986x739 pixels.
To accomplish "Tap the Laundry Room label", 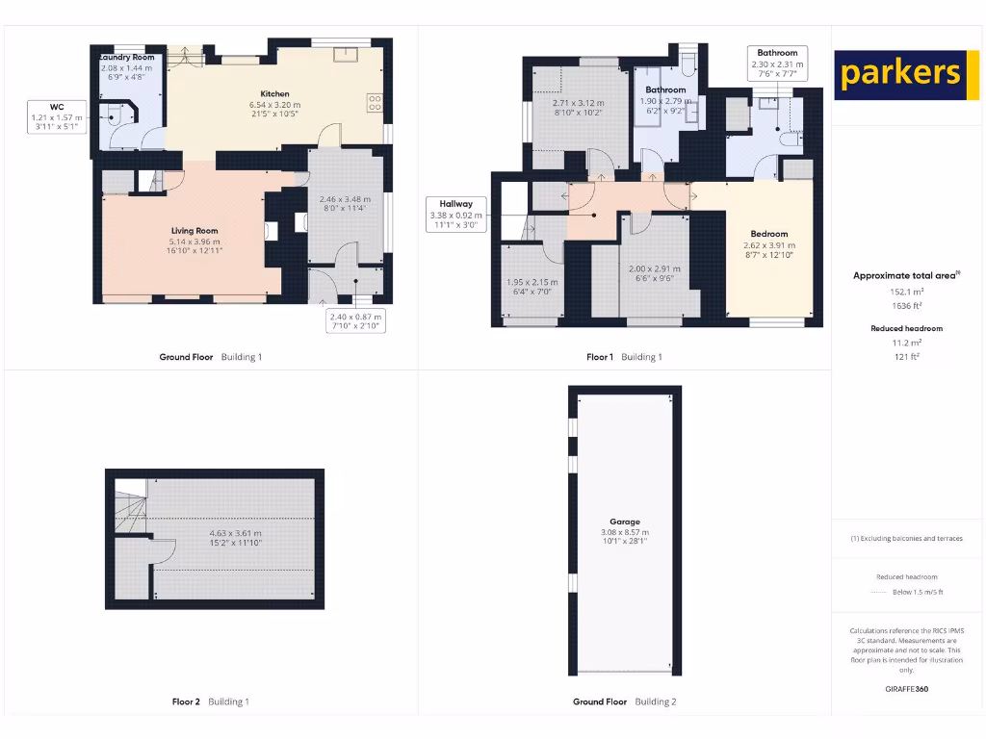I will click(126, 58).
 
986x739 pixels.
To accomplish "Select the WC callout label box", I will click(57, 115).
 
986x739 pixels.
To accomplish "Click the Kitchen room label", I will click(274, 94).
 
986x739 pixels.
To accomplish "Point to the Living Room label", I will click(195, 231).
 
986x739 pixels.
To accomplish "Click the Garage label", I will click(624, 522).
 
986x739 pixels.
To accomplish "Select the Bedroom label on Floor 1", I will click(769, 234).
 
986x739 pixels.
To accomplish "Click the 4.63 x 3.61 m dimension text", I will click(235, 533).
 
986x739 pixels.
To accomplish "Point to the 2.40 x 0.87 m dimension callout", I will click(356, 320).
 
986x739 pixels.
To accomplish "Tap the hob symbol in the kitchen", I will click(374, 102).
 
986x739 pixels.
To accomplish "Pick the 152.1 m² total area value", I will click(906, 291).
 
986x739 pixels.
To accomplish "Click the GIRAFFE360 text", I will click(906, 689).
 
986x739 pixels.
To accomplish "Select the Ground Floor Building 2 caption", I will click(624, 701).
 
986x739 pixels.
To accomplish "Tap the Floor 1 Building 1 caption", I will click(624, 357).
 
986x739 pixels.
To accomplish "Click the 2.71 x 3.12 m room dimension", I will click(578, 107).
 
